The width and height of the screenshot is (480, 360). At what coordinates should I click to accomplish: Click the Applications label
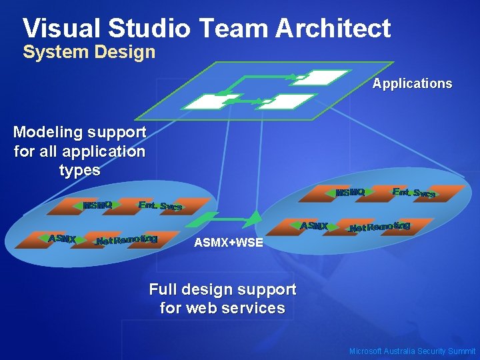(412, 84)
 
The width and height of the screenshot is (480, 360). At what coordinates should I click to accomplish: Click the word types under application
(79, 170)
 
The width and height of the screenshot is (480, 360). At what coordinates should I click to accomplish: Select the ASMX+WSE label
(228, 243)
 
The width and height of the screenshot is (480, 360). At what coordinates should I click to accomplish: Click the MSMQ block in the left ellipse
(96, 205)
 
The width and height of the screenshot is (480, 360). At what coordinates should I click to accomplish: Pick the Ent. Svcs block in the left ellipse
(160, 206)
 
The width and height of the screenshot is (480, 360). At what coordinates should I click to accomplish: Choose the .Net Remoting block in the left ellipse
(127, 239)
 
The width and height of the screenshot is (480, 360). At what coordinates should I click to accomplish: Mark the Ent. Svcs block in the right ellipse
(414, 193)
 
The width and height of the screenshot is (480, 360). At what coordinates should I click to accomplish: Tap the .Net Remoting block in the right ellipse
(380, 227)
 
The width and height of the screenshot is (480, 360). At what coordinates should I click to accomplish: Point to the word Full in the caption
(163, 290)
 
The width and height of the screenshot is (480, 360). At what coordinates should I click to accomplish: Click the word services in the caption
(255, 309)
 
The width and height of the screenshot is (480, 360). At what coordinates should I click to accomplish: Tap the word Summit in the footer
(461, 351)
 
